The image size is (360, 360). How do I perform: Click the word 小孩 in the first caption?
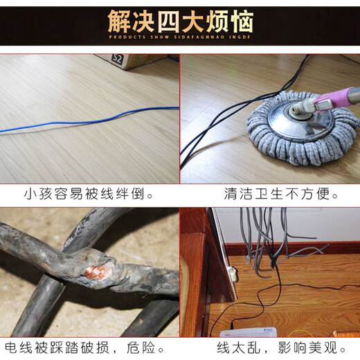pyautogui.click(x=39, y=195)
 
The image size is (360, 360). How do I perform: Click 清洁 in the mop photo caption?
pyautogui.click(x=240, y=195)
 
